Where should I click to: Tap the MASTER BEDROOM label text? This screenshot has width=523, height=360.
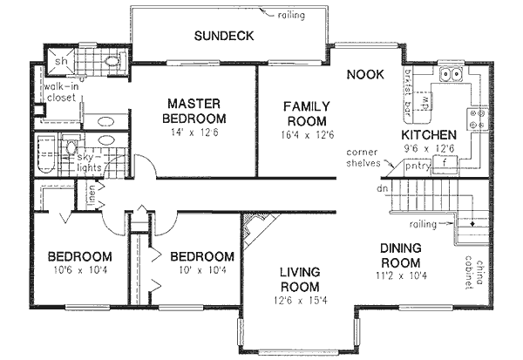(x=197, y=111)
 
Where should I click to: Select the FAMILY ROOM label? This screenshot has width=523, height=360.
(x=304, y=113)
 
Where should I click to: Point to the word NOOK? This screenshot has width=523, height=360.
(x=365, y=74)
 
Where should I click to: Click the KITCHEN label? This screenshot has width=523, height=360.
(x=428, y=135)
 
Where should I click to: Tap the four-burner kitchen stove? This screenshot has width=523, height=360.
(x=479, y=119)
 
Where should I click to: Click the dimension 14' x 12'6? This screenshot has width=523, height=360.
(x=197, y=132)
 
